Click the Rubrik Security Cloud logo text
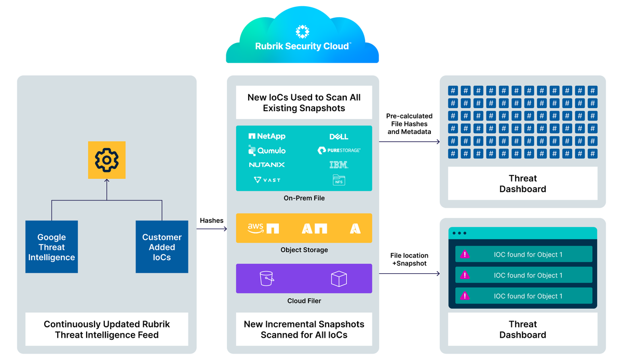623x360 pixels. click(x=302, y=46)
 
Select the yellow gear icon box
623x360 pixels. click(x=106, y=160)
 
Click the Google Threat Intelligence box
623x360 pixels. click(x=51, y=247)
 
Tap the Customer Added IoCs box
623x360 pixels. click(x=161, y=247)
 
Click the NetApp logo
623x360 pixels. click(x=267, y=136)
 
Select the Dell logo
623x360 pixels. click(x=338, y=137)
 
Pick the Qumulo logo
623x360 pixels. click(x=267, y=151)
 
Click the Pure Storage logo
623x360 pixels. click(x=338, y=151)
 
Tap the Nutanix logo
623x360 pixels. click(x=267, y=165)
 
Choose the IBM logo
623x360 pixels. click(x=338, y=165)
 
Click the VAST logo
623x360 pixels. click(x=267, y=180)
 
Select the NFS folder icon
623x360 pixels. click(x=338, y=180)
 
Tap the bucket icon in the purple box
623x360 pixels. click(x=267, y=278)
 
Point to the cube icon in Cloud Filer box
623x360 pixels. click(x=338, y=279)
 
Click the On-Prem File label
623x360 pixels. click(x=304, y=198)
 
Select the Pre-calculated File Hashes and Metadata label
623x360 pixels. click(x=409, y=124)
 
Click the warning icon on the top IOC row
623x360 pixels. click(x=465, y=255)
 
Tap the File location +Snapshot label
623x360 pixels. click(x=409, y=259)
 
